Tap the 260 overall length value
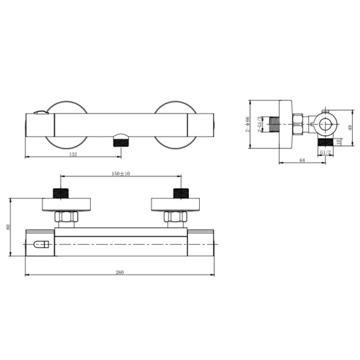tap(119, 272)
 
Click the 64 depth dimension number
tap(302, 160)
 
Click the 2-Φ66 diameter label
tap(247, 125)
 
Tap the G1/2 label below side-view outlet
tap(325, 153)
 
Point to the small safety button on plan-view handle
tap(41, 245)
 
